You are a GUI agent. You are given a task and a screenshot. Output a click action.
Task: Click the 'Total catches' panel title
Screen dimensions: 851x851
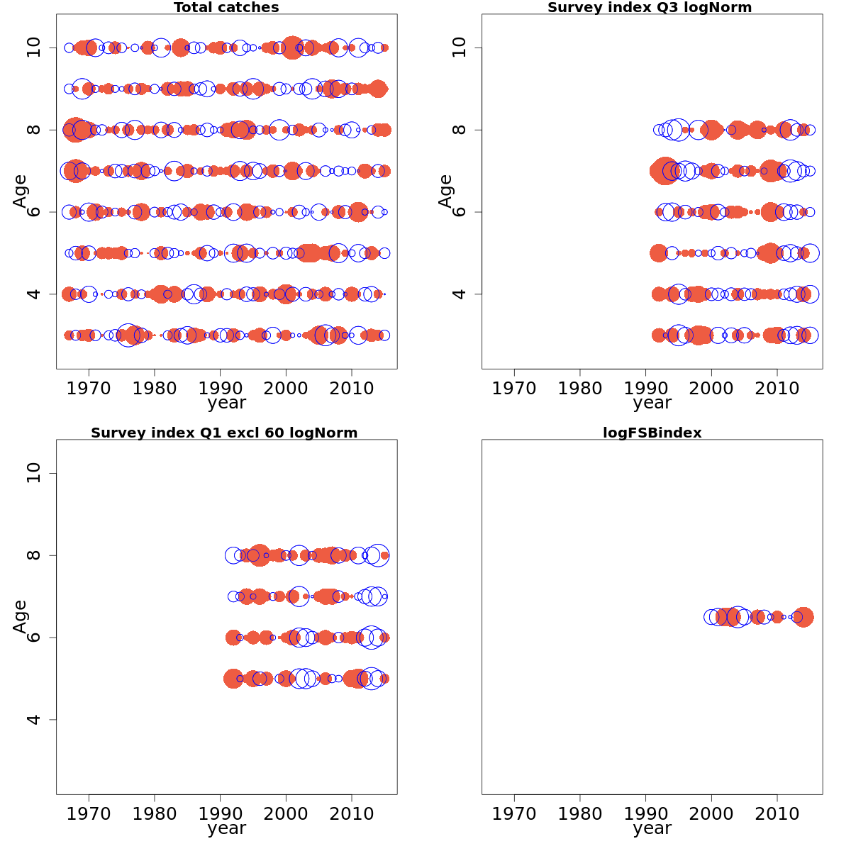(x=226, y=8)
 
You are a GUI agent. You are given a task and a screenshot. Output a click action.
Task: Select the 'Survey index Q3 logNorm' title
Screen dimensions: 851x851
(x=650, y=8)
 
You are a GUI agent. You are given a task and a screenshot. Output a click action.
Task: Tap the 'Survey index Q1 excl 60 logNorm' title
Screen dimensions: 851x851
(x=224, y=433)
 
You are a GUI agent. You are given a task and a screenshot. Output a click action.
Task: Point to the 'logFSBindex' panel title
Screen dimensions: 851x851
(x=652, y=433)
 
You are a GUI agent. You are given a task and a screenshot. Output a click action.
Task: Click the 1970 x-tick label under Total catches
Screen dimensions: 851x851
(x=89, y=388)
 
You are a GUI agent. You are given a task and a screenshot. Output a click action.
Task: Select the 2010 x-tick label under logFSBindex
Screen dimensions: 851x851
(x=777, y=813)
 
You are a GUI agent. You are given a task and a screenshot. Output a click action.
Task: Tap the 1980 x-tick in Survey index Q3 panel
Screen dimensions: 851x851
(x=580, y=388)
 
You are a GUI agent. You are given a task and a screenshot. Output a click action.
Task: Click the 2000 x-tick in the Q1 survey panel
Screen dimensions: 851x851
(x=286, y=813)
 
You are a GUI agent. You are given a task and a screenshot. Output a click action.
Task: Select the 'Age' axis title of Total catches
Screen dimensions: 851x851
(x=20, y=191)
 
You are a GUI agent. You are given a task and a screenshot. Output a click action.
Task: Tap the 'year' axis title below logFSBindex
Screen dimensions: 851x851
(x=652, y=828)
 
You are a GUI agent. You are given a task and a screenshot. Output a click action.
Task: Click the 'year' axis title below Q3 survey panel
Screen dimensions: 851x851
(x=652, y=403)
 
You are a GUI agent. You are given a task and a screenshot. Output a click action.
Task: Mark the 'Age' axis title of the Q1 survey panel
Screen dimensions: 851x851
(x=20, y=617)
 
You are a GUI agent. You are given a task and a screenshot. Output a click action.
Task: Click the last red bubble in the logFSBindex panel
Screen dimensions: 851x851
(x=803, y=617)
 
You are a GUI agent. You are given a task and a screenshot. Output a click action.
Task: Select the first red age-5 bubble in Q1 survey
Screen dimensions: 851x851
(x=233, y=679)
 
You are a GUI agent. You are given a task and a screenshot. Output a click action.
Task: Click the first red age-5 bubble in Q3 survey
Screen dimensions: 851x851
(x=658, y=252)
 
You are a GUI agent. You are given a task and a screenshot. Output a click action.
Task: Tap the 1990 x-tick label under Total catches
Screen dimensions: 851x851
(x=220, y=388)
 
